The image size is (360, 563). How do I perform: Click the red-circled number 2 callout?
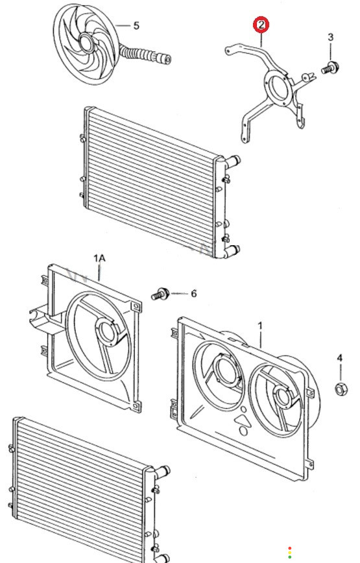(261, 25)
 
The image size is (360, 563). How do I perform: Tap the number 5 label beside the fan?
(136, 26)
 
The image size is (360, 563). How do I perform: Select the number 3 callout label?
(330, 36)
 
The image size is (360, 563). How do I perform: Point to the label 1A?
(99, 258)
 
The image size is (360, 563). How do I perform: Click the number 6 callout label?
(194, 294)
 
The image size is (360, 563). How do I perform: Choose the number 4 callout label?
(339, 357)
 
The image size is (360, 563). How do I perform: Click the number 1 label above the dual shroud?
(260, 326)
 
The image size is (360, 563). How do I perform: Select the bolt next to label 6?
(160, 294)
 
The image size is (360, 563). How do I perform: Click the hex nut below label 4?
(341, 389)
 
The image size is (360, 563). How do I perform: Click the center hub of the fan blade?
(86, 43)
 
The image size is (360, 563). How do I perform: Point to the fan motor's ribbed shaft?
(144, 54)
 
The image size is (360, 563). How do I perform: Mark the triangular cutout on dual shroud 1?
(241, 420)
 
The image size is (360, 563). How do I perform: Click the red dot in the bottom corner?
(290, 548)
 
